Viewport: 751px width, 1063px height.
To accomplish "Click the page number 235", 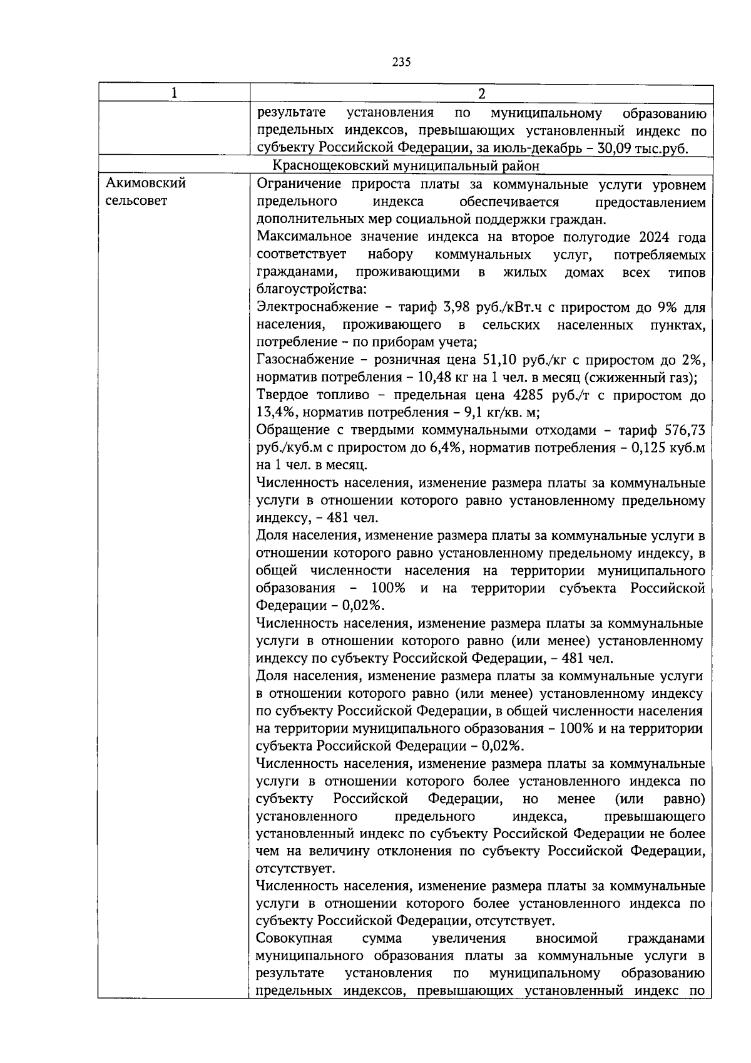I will point(401,61).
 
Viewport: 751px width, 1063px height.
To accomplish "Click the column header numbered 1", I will point(174,93).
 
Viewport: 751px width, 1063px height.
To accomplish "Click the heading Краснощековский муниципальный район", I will point(406,165).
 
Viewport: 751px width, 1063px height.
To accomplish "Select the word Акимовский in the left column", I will point(146,184).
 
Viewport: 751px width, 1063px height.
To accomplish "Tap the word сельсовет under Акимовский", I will point(136,202).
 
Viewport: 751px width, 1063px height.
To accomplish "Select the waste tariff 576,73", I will point(687,430).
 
